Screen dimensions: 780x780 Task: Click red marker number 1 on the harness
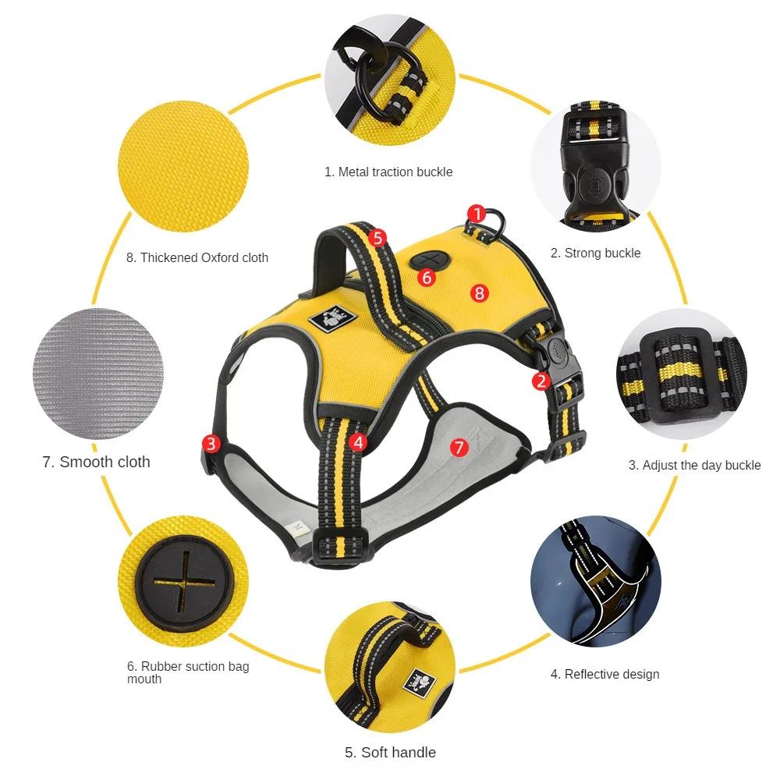coord(477,213)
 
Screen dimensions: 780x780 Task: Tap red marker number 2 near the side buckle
coord(541,381)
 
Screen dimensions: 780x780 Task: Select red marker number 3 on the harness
coord(211,444)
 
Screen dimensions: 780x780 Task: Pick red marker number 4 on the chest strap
coord(358,441)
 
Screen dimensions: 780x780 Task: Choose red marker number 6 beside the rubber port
coord(425,277)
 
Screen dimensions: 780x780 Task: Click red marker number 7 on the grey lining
coord(459,447)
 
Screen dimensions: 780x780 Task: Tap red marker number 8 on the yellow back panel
coord(479,292)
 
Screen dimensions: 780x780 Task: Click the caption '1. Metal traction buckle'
coord(388,172)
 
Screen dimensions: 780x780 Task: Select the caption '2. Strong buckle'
coord(595,253)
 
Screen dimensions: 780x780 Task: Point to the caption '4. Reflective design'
coord(604,674)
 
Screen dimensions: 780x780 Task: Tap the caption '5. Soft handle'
coord(390,753)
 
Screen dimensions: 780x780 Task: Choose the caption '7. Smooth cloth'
coord(96,462)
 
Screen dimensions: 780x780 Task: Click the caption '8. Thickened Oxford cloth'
coord(197,257)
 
